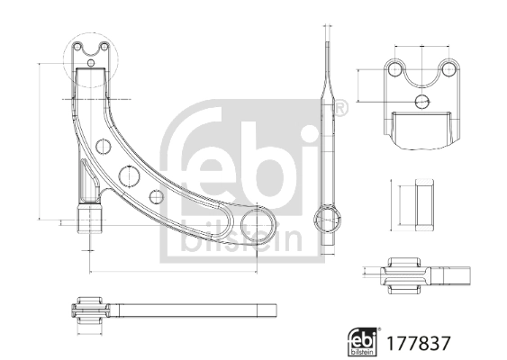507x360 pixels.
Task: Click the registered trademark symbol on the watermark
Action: (x=340, y=108)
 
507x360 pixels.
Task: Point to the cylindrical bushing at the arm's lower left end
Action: (x=90, y=220)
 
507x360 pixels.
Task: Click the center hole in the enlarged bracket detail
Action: (x=421, y=101)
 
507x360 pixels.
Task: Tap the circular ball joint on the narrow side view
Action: (x=328, y=217)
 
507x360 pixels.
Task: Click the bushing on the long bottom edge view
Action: (x=89, y=310)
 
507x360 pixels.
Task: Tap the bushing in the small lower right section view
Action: (x=405, y=274)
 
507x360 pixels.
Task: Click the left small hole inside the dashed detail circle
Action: (x=79, y=48)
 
